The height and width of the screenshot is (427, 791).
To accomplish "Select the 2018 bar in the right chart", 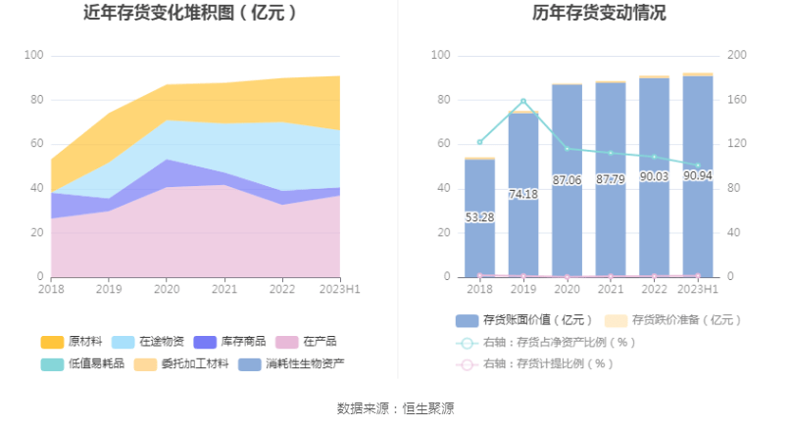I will click(479, 217).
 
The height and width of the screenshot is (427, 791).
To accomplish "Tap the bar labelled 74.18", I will click(523, 195).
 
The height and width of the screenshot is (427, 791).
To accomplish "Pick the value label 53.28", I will click(479, 216).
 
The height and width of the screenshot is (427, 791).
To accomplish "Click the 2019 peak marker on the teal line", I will click(523, 101).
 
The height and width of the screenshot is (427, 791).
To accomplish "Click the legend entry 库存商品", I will click(229, 342).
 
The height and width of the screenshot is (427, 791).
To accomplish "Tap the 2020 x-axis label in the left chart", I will click(167, 290).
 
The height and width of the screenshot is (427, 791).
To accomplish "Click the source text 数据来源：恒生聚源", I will click(395, 408).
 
